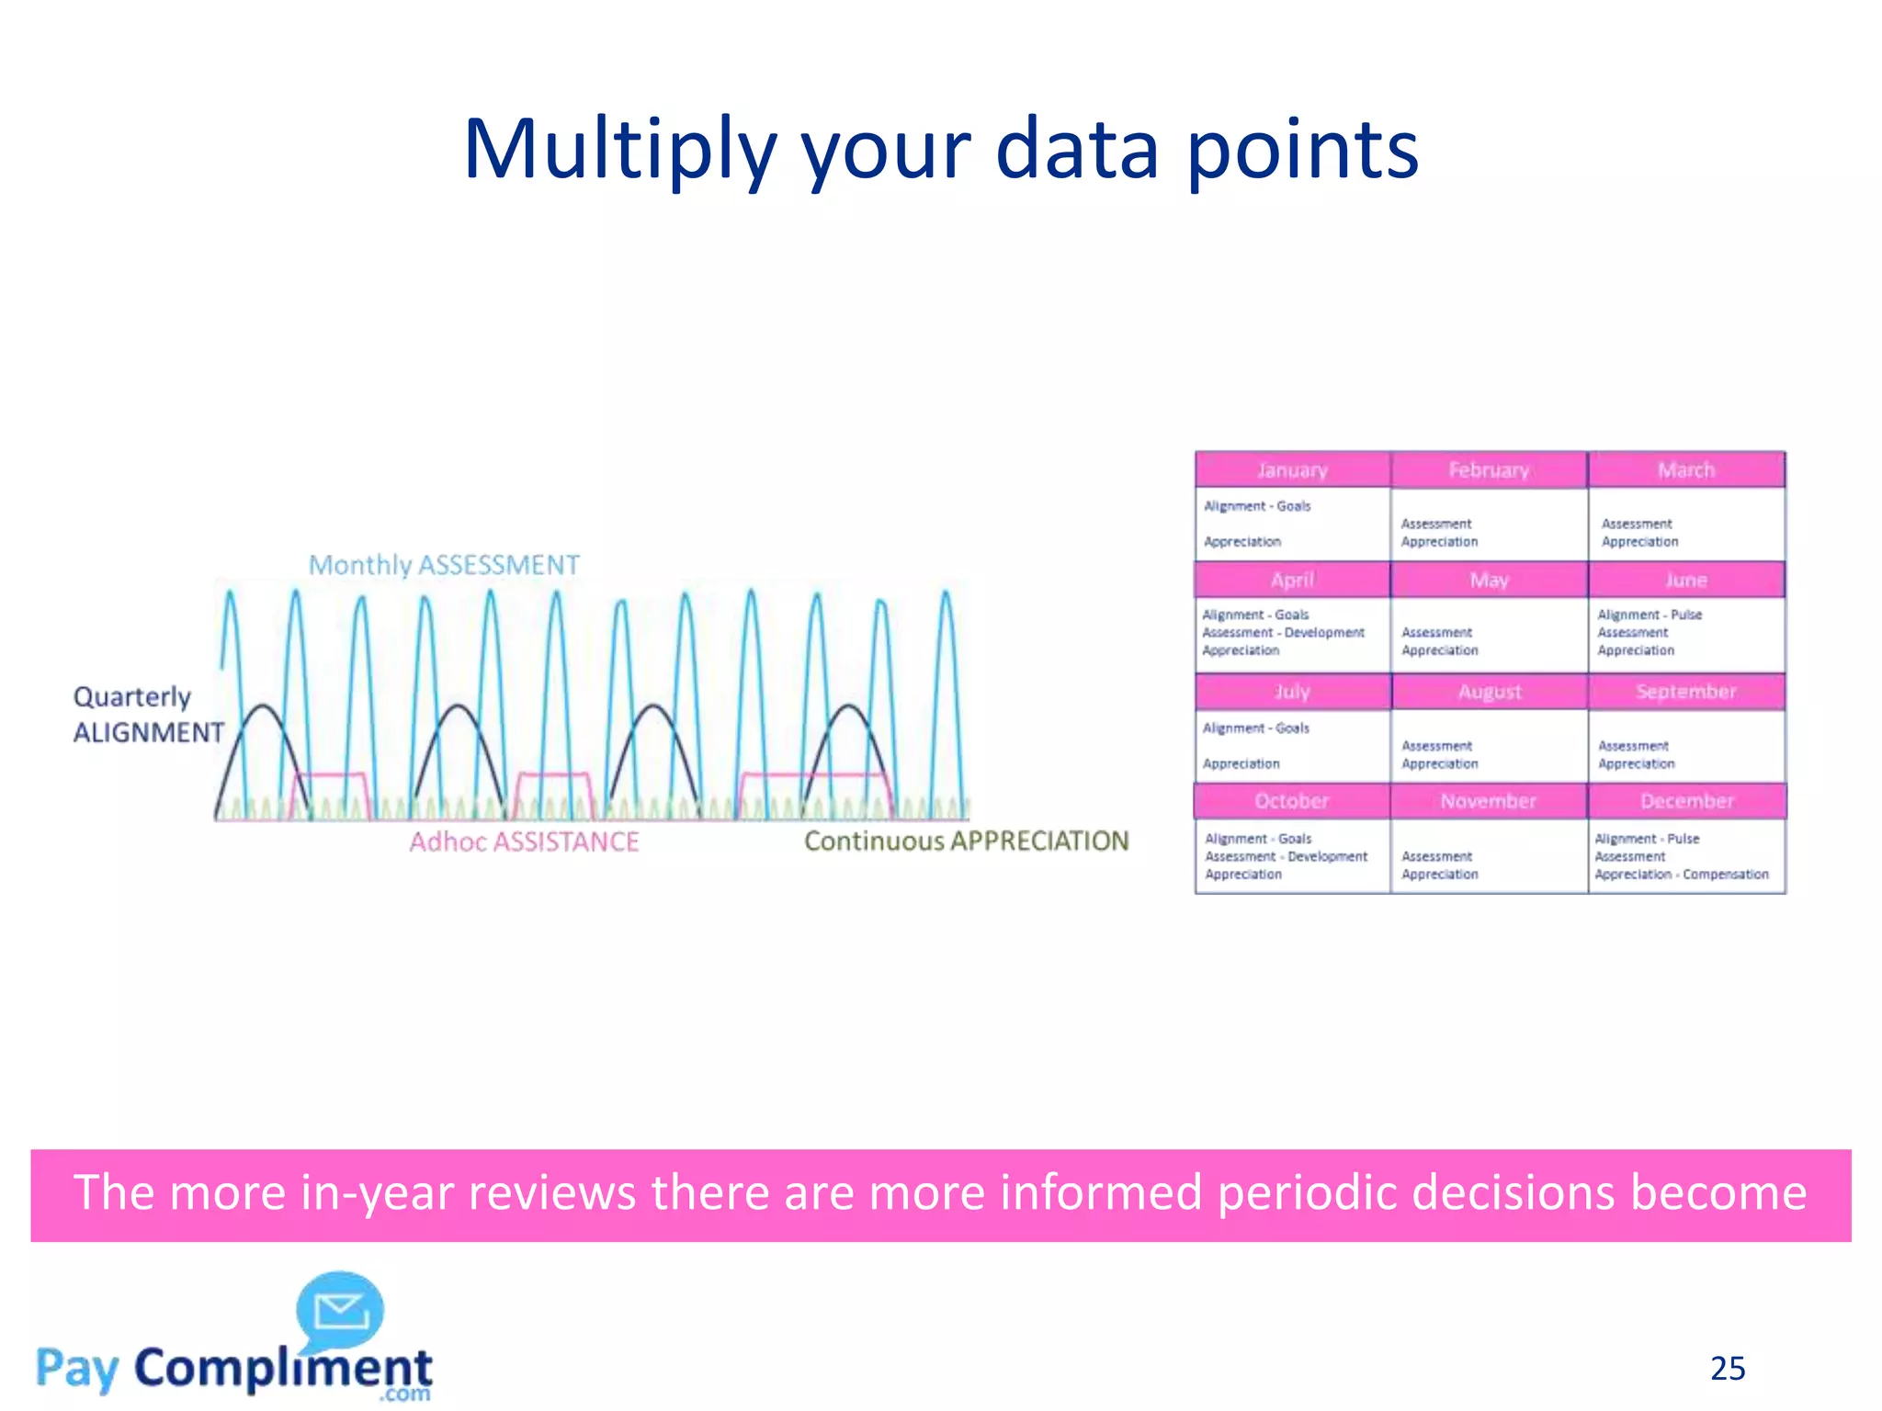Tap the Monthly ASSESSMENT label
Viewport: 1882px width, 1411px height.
pyautogui.click(x=444, y=565)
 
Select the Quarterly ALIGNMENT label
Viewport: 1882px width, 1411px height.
pyautogui.click(x=147, y=715)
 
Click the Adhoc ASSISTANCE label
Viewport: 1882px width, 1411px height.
pyautogui.click(x=524, y=841)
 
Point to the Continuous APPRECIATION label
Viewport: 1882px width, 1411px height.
pyautogui.click(x=966, y=841)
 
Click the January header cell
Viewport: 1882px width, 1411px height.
pyautogui.click(x=1292, y=470)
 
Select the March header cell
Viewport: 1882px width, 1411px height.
pyautogui.click(x=1686, y=470)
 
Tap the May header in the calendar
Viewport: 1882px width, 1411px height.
pyautogui.click(x=1489, y=581)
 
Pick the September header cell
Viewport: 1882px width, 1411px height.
pyautogui.click(x=1686, y=692)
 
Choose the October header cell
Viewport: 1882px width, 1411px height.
pyautogui.click(x=1292, y=801)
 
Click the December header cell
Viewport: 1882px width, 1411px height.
pyautogui.click(x=1686, y=801)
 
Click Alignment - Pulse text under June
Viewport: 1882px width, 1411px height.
pyautogui.click(x=1650, y=615)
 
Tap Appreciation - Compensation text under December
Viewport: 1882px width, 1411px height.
pyautogui.click(x=1681, y=875)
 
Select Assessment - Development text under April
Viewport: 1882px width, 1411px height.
pyautogui.click(x=1283, y=633)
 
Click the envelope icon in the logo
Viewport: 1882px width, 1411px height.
pyautogui.click(x=341, y=1311)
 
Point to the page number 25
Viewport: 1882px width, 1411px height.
pyautogui.click(x=1727, y=1369)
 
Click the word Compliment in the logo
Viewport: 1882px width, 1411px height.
pyautogui.click(x=283, y=1368)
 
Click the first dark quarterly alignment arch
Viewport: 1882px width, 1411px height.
pyautogui.click(x=264, y=707)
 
